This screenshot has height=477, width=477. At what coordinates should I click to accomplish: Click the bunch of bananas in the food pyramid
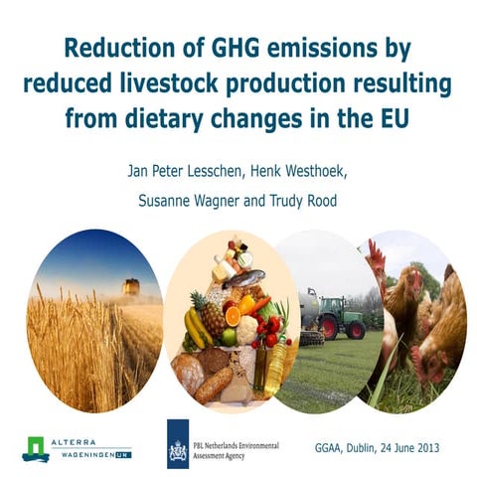(197, 326)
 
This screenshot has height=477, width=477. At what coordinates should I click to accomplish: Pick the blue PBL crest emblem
(179, 443)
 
